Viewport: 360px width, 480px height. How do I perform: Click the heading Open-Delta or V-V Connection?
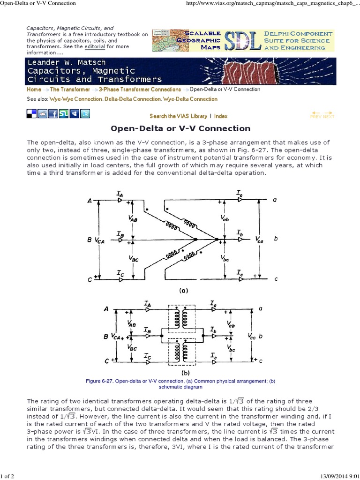[x=180, y=128]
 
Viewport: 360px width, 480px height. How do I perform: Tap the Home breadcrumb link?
[x=34, y=90]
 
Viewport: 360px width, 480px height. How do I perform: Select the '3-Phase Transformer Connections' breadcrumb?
[x=140, y=90]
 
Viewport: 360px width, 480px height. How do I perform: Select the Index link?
[x=221, y=116]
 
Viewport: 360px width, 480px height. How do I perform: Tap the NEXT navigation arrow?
[x=329, y=115]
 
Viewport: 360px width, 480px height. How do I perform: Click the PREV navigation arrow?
[x=316, y=115]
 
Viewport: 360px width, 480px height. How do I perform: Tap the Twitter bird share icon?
[x=85, y=113]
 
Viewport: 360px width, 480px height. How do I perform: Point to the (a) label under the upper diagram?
[x=183, y=291]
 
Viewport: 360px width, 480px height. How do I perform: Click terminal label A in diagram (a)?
[x=89, y=201]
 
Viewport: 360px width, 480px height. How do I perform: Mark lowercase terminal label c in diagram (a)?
[x=276, y=279]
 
